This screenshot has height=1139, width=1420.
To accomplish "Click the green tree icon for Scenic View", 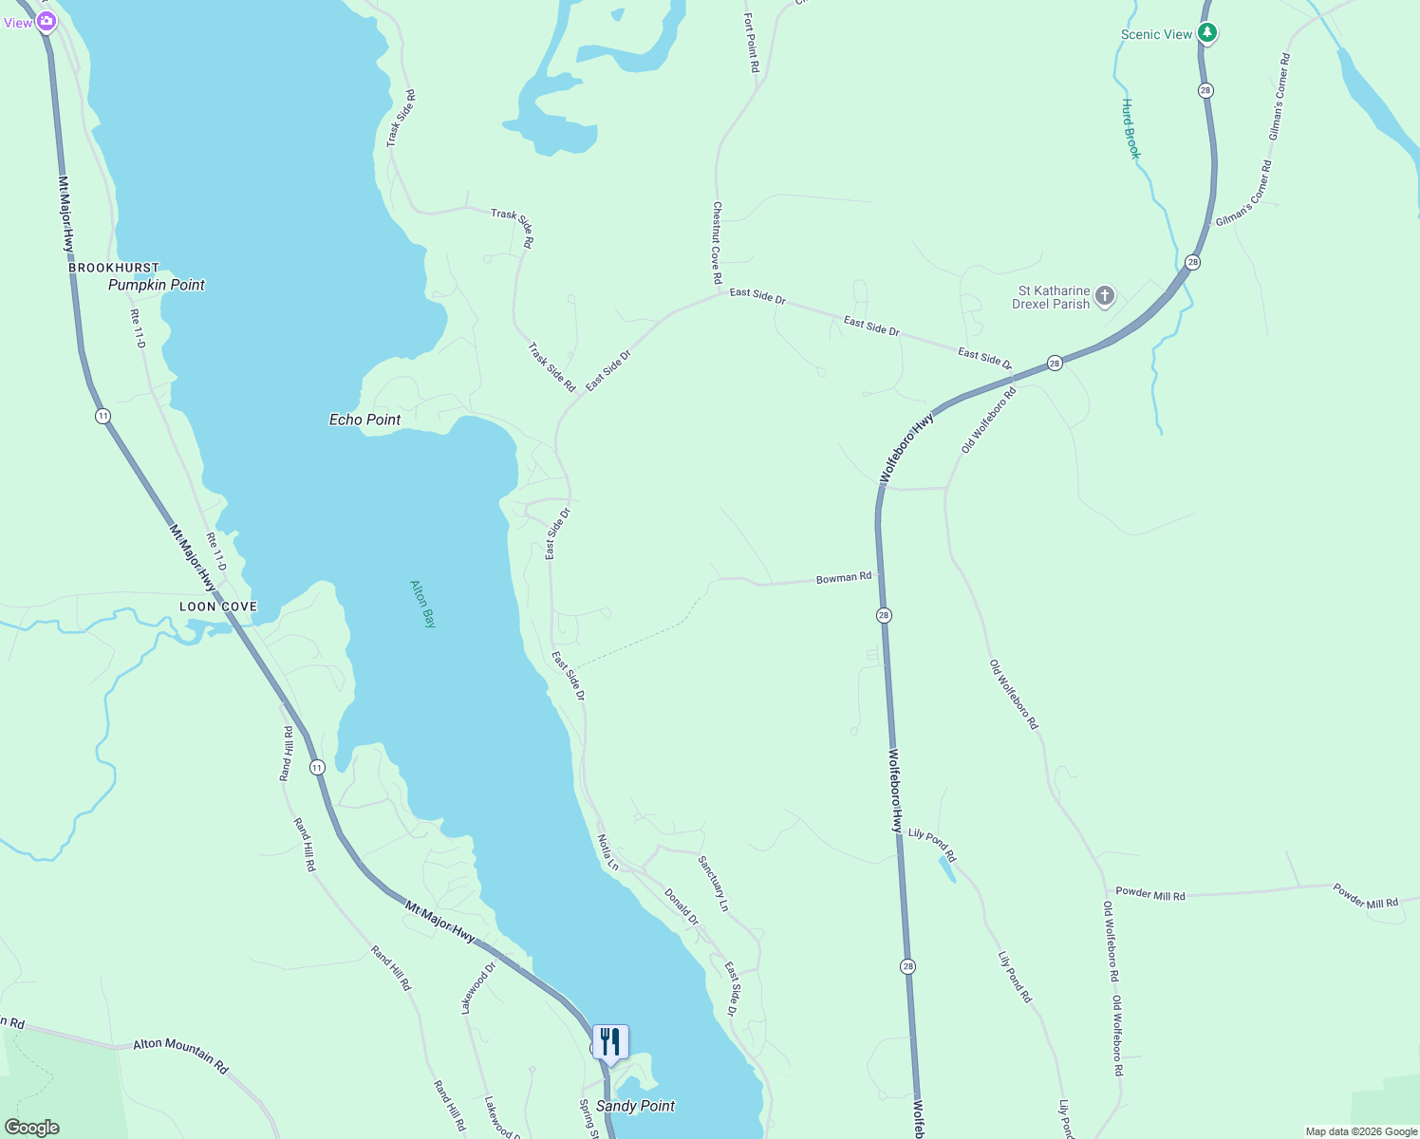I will tap(1206, 33).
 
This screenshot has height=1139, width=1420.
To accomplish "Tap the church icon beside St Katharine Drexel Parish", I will tap(1104, 296).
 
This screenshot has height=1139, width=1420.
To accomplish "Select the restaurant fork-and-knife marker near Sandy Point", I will tap(610, 1042).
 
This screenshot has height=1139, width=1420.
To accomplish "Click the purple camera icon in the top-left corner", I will tap(46, 21).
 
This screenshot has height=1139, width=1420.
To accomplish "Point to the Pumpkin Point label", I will tap(157, 285).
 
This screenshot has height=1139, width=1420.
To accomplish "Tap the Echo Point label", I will tap(364, 420).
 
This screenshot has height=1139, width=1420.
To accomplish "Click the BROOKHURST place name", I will tap(114, 268).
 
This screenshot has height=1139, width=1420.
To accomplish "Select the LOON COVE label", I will tap(218, 607).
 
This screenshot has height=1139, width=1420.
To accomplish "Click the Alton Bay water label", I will tap(422, 604).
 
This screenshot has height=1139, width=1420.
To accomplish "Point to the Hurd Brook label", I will tap(1130, 129).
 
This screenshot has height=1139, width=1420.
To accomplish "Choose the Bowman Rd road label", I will tap(844, 578).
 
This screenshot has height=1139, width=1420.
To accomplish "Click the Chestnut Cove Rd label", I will tap(718, 243).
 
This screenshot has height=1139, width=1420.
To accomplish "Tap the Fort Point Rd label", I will tap(752, 43).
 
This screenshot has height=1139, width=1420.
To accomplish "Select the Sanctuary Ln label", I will tap(713, 884).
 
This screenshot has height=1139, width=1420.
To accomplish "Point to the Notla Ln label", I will tap(607, 852).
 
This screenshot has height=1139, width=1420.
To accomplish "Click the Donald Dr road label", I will tap(682, 906).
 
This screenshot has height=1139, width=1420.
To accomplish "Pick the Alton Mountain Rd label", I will tap(180, 1055).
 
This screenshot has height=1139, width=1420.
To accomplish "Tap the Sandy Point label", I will tap(635, 1106).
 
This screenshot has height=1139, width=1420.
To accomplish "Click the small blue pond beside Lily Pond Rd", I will tap(946, 868).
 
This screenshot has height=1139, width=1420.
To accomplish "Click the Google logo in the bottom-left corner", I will tap(32, 1128).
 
